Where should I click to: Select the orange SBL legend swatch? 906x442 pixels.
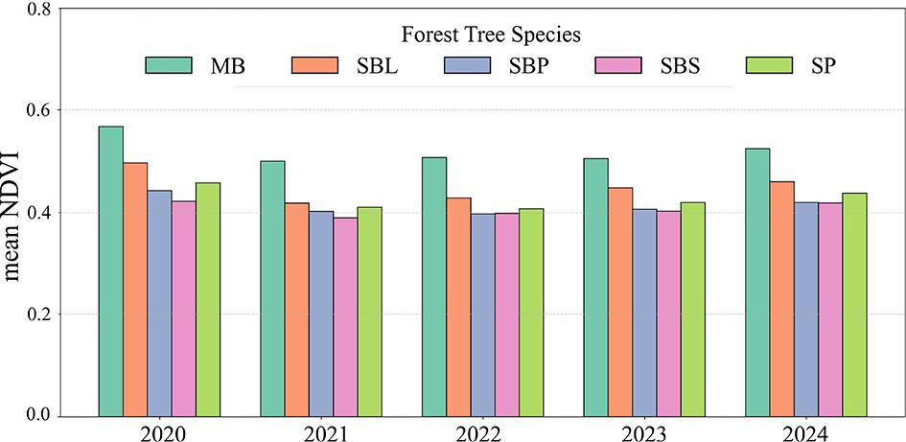[314, 65]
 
